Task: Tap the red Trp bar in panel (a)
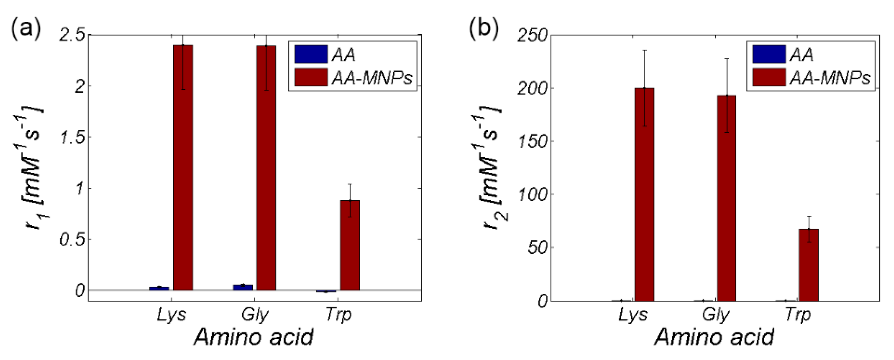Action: (x=350, y=245)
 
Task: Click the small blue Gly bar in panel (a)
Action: (x=243, y=287)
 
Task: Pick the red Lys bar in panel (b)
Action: (x=645, y=194)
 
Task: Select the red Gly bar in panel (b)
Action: (x=726, y=198)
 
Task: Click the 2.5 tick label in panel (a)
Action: (x=73, y=35)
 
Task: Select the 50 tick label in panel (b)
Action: (x=537, y=248)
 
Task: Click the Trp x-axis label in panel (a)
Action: (x=338, y=315)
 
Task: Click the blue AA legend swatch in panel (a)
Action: (x=310, y=54)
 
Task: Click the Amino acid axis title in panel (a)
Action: (x=254, y=337)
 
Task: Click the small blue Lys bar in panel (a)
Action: (x=159, y=288)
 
